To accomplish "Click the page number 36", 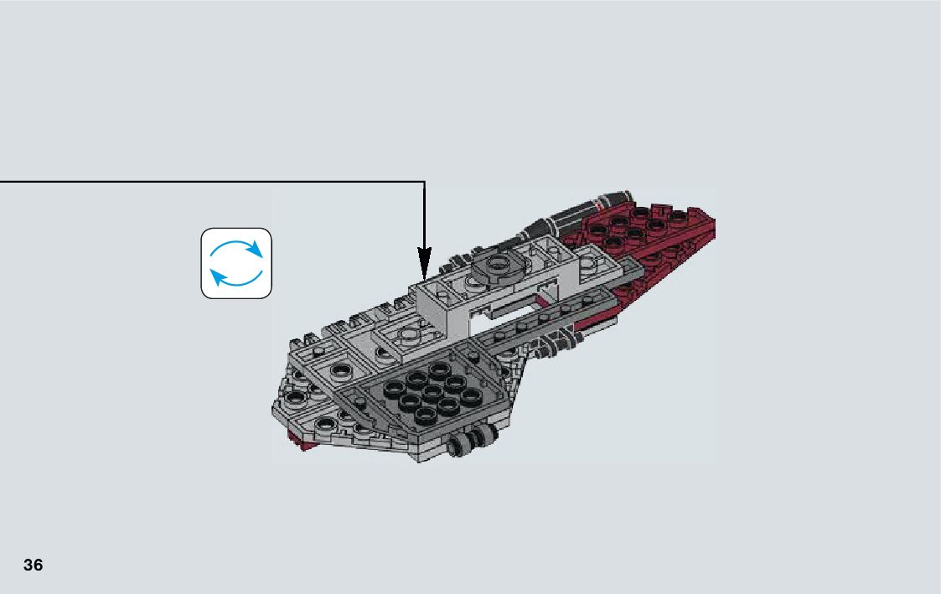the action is click(34, 565).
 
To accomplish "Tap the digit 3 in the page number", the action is click(28, 565).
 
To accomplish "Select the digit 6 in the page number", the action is click(38, 565).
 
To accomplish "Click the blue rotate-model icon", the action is click(236, 263).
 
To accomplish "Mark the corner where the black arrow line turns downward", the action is click(425, 182).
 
